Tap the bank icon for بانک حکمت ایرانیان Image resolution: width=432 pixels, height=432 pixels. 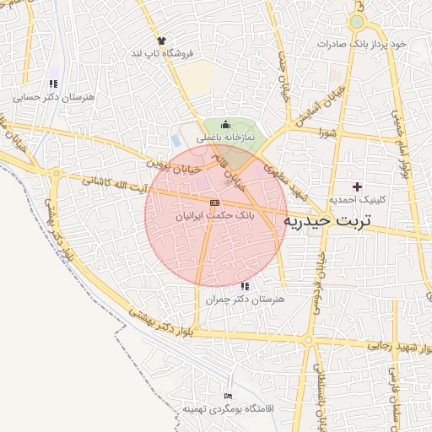[x=214, y=203]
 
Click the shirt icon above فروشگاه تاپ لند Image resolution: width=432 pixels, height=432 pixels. [x=161, y=40]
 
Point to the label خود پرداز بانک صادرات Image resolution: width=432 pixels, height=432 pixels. [x=362, y=43]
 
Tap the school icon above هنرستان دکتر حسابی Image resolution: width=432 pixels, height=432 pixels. [x=53, y=84]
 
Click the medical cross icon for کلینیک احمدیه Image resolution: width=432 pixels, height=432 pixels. [x=358, y=186]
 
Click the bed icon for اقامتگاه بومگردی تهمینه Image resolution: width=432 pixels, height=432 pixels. [x=228, y=396]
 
